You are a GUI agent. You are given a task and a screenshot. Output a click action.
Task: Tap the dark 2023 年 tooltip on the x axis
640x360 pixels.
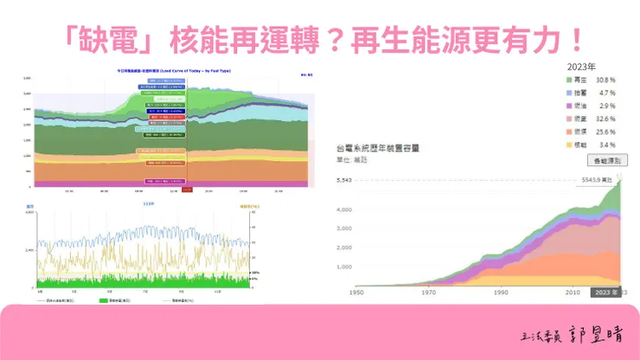(x=605, y=292)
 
